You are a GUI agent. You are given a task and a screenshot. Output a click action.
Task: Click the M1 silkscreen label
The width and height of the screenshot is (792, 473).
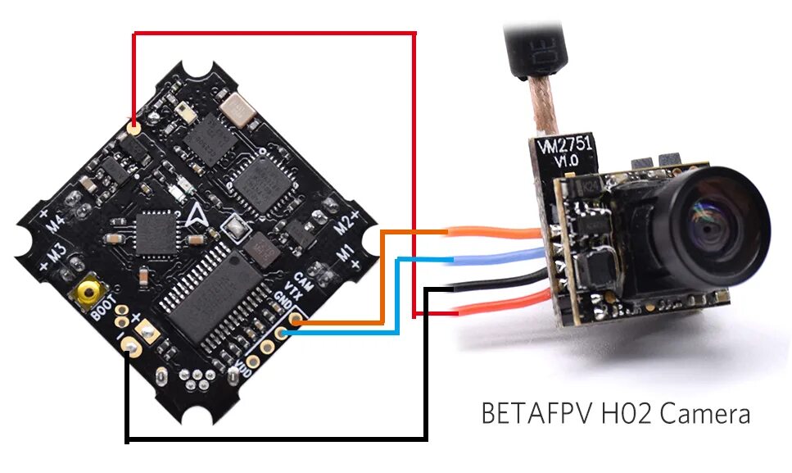347,251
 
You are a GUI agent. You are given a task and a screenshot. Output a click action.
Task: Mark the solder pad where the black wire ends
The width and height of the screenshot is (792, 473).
129,348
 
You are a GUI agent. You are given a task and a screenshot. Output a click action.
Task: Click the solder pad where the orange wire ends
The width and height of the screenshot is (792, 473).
294,323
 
